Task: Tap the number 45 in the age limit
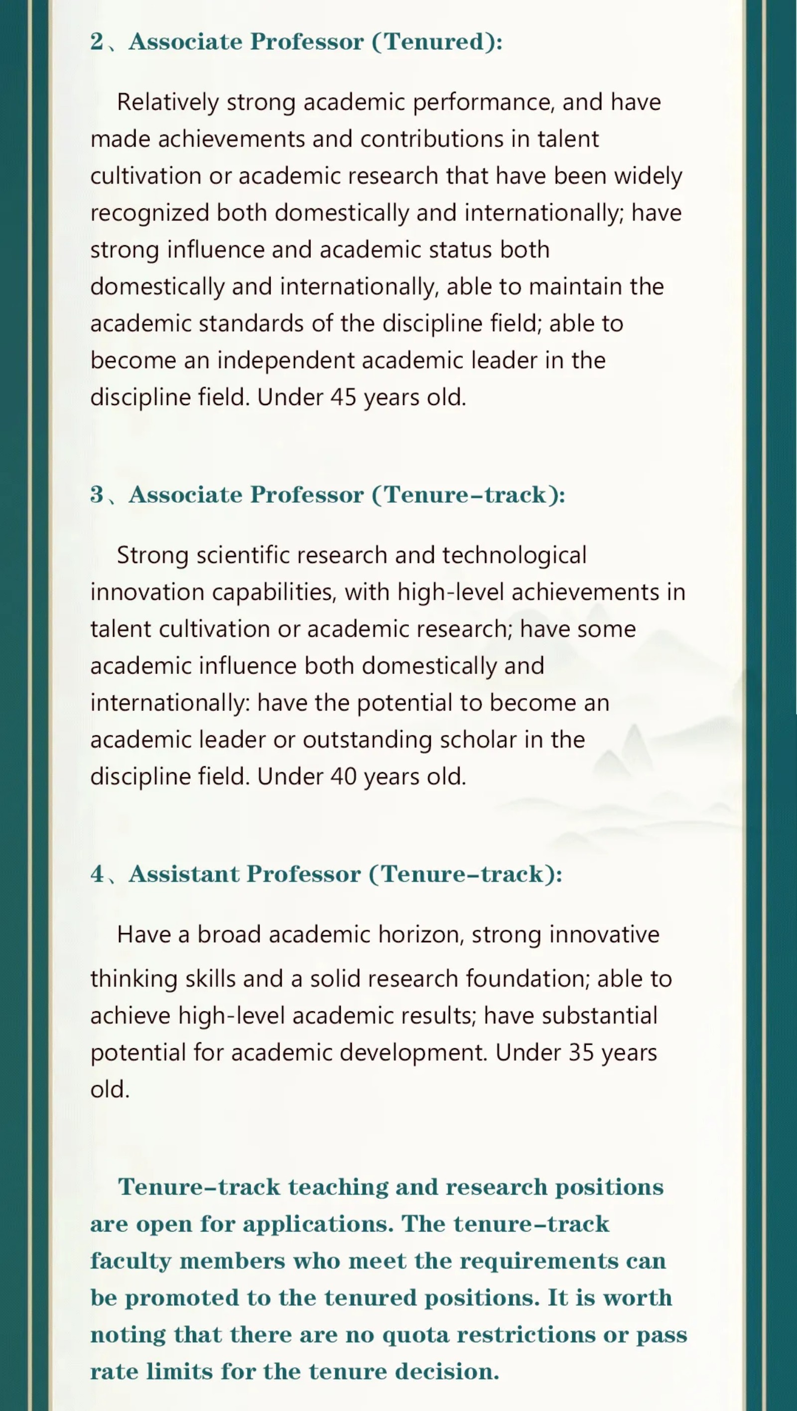tap(343, 397)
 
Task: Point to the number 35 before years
tap(581, 1052)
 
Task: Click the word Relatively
tap(167, 103)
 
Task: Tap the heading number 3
tap(97, 495)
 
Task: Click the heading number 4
tap(97, 874)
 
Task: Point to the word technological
tap(515, 556)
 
